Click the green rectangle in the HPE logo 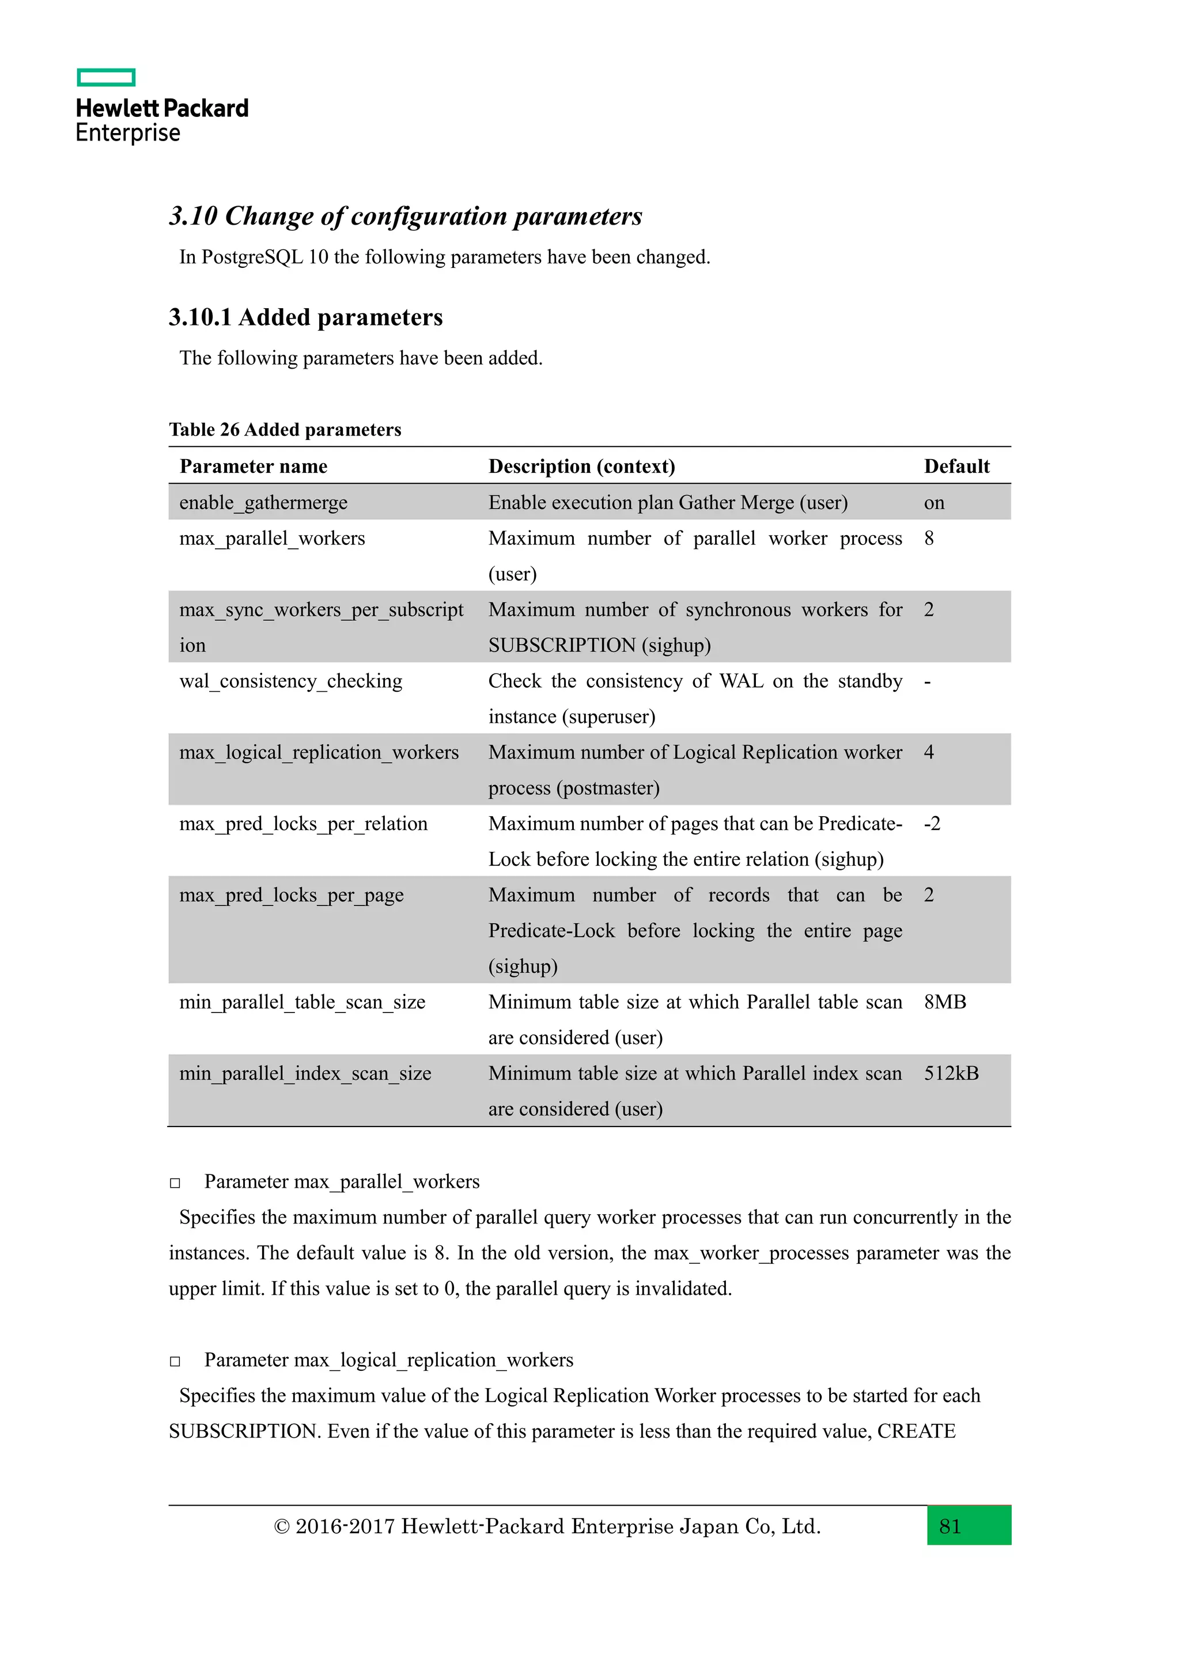(106, 77)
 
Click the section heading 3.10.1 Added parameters (305, 317)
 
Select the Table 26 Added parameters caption (285, 429)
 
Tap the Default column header (956, 467)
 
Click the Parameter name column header (253, 467)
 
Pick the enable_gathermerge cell (263, 503)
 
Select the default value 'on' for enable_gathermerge (933, 503)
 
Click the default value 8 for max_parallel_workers (929, 539)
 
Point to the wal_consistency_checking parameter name (290, 681)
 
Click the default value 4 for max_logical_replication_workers (929, 753)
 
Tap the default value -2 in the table (932, 824)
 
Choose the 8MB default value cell (944, 1003)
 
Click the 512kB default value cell (951, 1074)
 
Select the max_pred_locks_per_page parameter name (292, 895)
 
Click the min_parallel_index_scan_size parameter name (305, 1074)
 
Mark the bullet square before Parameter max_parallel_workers (175, 1184)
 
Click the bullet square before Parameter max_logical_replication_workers (175, 1362)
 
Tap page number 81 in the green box (950, 1526)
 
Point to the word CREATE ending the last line (916, 1431)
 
